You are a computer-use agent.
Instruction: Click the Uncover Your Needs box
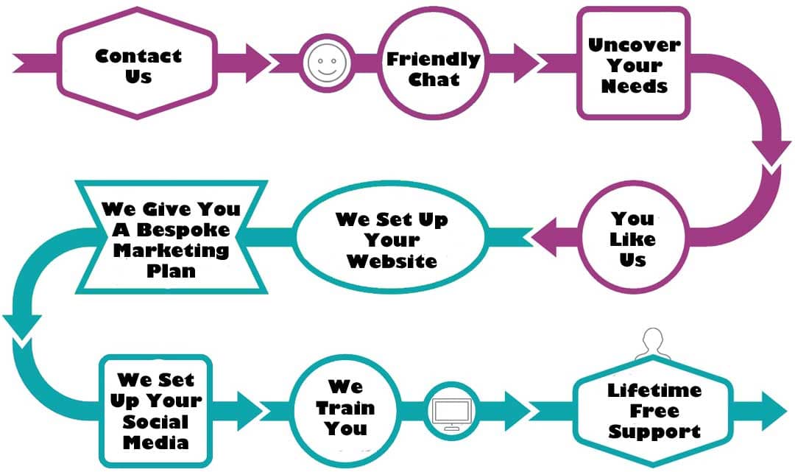[x=633, y=65]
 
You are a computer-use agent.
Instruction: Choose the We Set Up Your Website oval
[x=392, y=239]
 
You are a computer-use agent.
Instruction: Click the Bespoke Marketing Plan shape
[x=166, y=239]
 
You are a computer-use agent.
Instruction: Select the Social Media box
[x=155, y=411]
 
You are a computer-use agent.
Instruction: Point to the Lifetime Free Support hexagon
[x=654, y=410]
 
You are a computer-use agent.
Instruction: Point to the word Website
[x=392, y=261]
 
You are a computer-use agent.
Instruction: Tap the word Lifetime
[x=654, y=390]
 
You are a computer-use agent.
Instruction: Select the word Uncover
[x=633, y=44]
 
